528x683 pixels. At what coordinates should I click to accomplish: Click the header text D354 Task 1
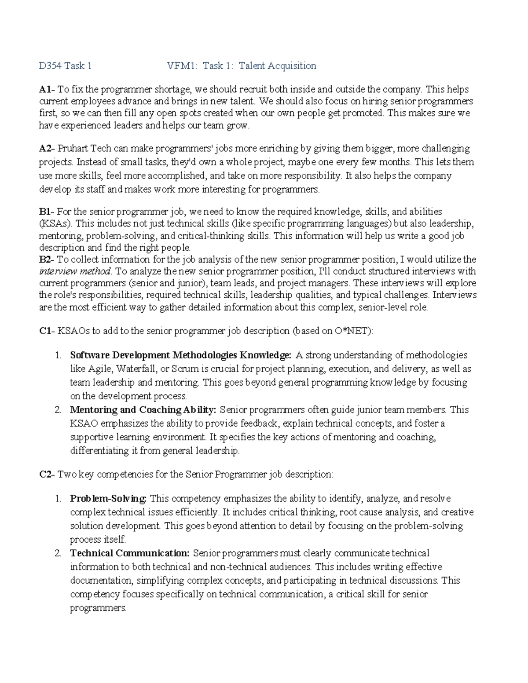[x=65, y=66]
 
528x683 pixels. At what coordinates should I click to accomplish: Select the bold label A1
[x=44, y=90]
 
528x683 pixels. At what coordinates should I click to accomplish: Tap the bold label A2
[x=45, y=148]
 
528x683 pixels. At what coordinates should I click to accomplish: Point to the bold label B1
[x=45, y=212]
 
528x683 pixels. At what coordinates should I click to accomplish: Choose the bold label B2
[x=45, y=259]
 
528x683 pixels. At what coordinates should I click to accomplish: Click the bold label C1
[x=45, y=331]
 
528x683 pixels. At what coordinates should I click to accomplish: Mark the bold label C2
[x=45, y=475]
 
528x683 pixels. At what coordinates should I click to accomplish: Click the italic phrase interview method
[x=76, y=271]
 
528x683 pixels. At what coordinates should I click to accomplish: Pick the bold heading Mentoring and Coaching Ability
[x=143, y=410]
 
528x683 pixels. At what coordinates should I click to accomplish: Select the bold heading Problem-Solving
[x=108, y=499]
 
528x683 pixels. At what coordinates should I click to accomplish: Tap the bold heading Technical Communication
[x=130, y=553]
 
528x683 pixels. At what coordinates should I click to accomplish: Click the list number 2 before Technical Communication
[x=58, y=553]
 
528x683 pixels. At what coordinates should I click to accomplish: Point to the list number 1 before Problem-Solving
[x=58, y=499]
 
